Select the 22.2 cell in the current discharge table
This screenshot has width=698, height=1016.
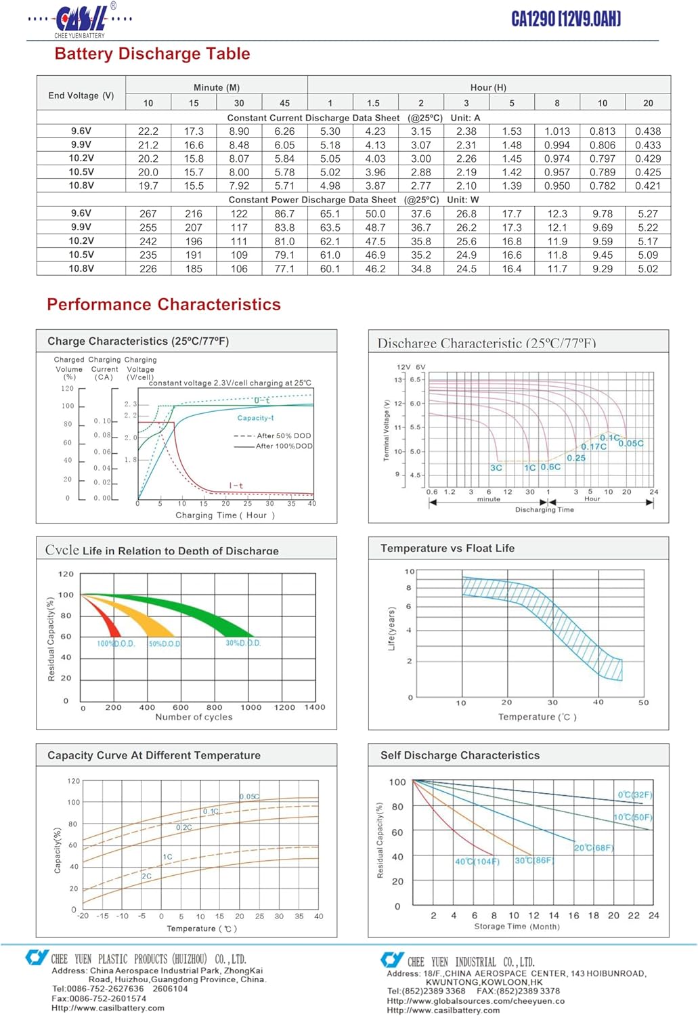click(148, 131)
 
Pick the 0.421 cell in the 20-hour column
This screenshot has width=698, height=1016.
click(648, 186)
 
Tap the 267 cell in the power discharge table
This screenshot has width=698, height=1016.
click(148, 213)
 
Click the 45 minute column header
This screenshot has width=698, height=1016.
click(284, 103)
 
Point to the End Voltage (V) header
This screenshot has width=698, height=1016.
click(81, 96)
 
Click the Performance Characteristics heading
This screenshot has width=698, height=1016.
click(164, 304)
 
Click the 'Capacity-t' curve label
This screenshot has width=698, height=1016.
click(255, 418)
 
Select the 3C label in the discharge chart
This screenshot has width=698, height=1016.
click(496, 467)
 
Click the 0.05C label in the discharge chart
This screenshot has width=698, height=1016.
click(631, 444)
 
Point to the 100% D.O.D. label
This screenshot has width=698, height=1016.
click(116, 643)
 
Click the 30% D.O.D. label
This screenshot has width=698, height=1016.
click(243, 643)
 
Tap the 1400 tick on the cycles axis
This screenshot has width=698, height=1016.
click(315, 707)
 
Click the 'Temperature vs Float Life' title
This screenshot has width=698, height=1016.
click(447, 548)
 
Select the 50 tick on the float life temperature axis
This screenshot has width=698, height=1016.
click(643, 702)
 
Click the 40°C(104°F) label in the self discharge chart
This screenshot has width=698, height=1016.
click(477, 862)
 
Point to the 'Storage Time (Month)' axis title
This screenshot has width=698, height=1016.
click(517, 927)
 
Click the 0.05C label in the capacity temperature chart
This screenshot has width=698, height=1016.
click(249, 797)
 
